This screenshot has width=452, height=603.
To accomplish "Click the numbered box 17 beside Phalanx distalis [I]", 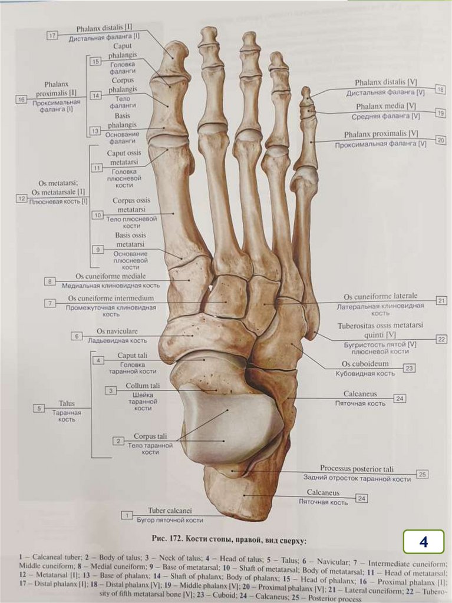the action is click(52, 35).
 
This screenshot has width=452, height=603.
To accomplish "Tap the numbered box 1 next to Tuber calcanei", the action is click(126, 515).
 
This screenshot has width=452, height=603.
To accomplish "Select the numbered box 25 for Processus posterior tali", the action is click(422, 474).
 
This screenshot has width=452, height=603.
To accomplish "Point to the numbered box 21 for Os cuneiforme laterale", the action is click(441, 300).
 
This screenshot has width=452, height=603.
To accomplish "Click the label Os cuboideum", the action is click(365, 364).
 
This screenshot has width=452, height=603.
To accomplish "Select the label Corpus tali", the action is click(150, 436).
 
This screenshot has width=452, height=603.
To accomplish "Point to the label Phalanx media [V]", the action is click(386, 106).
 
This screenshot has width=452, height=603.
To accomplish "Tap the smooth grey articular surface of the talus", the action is click(230, 421).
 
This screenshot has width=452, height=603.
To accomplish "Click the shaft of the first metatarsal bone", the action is click(177, 212).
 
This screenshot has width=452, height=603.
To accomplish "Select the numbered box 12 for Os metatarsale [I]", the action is click(22, 199).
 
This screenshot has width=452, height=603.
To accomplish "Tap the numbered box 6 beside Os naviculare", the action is click(77, 336).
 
